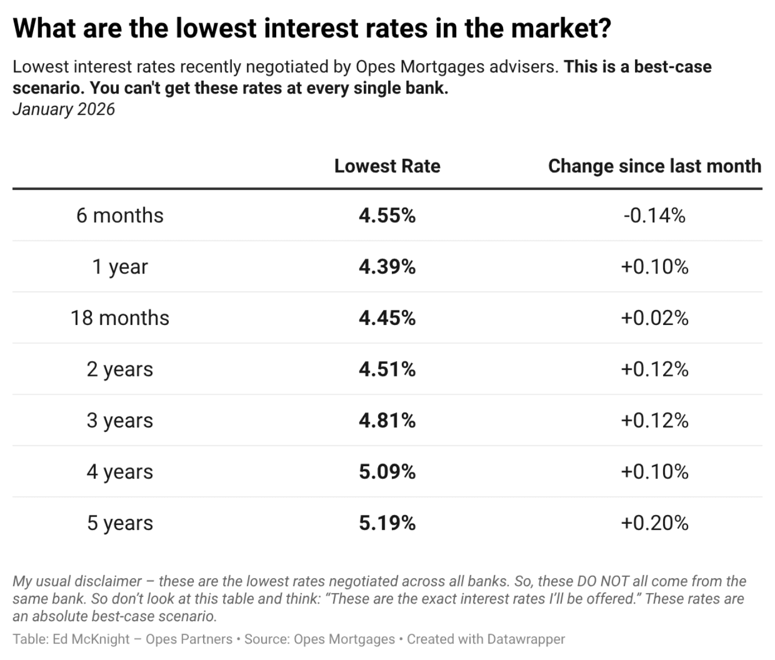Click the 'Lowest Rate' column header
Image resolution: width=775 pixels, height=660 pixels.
pos(387,166)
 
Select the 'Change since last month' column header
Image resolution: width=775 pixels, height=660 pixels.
pos(654,166)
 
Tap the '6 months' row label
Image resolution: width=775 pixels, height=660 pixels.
pos(120,215)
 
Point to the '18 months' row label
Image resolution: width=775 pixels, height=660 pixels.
pos(120,318)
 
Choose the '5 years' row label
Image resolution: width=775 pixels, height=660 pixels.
pos(120,523)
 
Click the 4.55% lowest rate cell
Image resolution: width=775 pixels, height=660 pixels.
pos(387,215)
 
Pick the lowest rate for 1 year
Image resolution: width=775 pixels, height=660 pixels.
pos(387,267)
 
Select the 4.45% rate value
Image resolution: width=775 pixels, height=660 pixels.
pos(387,318)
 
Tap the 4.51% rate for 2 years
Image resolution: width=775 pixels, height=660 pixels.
pos(387,369)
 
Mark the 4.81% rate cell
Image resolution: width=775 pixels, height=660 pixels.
pos(387,420)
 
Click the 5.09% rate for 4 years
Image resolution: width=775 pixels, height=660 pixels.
pos(387,472)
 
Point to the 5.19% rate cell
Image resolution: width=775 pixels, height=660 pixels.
pos(387,523)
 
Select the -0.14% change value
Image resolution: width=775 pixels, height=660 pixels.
pos(654,215)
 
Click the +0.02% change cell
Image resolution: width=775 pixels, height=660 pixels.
pos(654,318)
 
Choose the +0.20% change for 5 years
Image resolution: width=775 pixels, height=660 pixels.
pos(654,523)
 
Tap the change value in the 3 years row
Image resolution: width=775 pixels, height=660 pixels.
pos(654,420)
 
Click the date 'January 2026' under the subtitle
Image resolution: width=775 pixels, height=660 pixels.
pos(64,109)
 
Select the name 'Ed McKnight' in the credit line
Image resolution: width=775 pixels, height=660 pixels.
pos(91,639)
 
